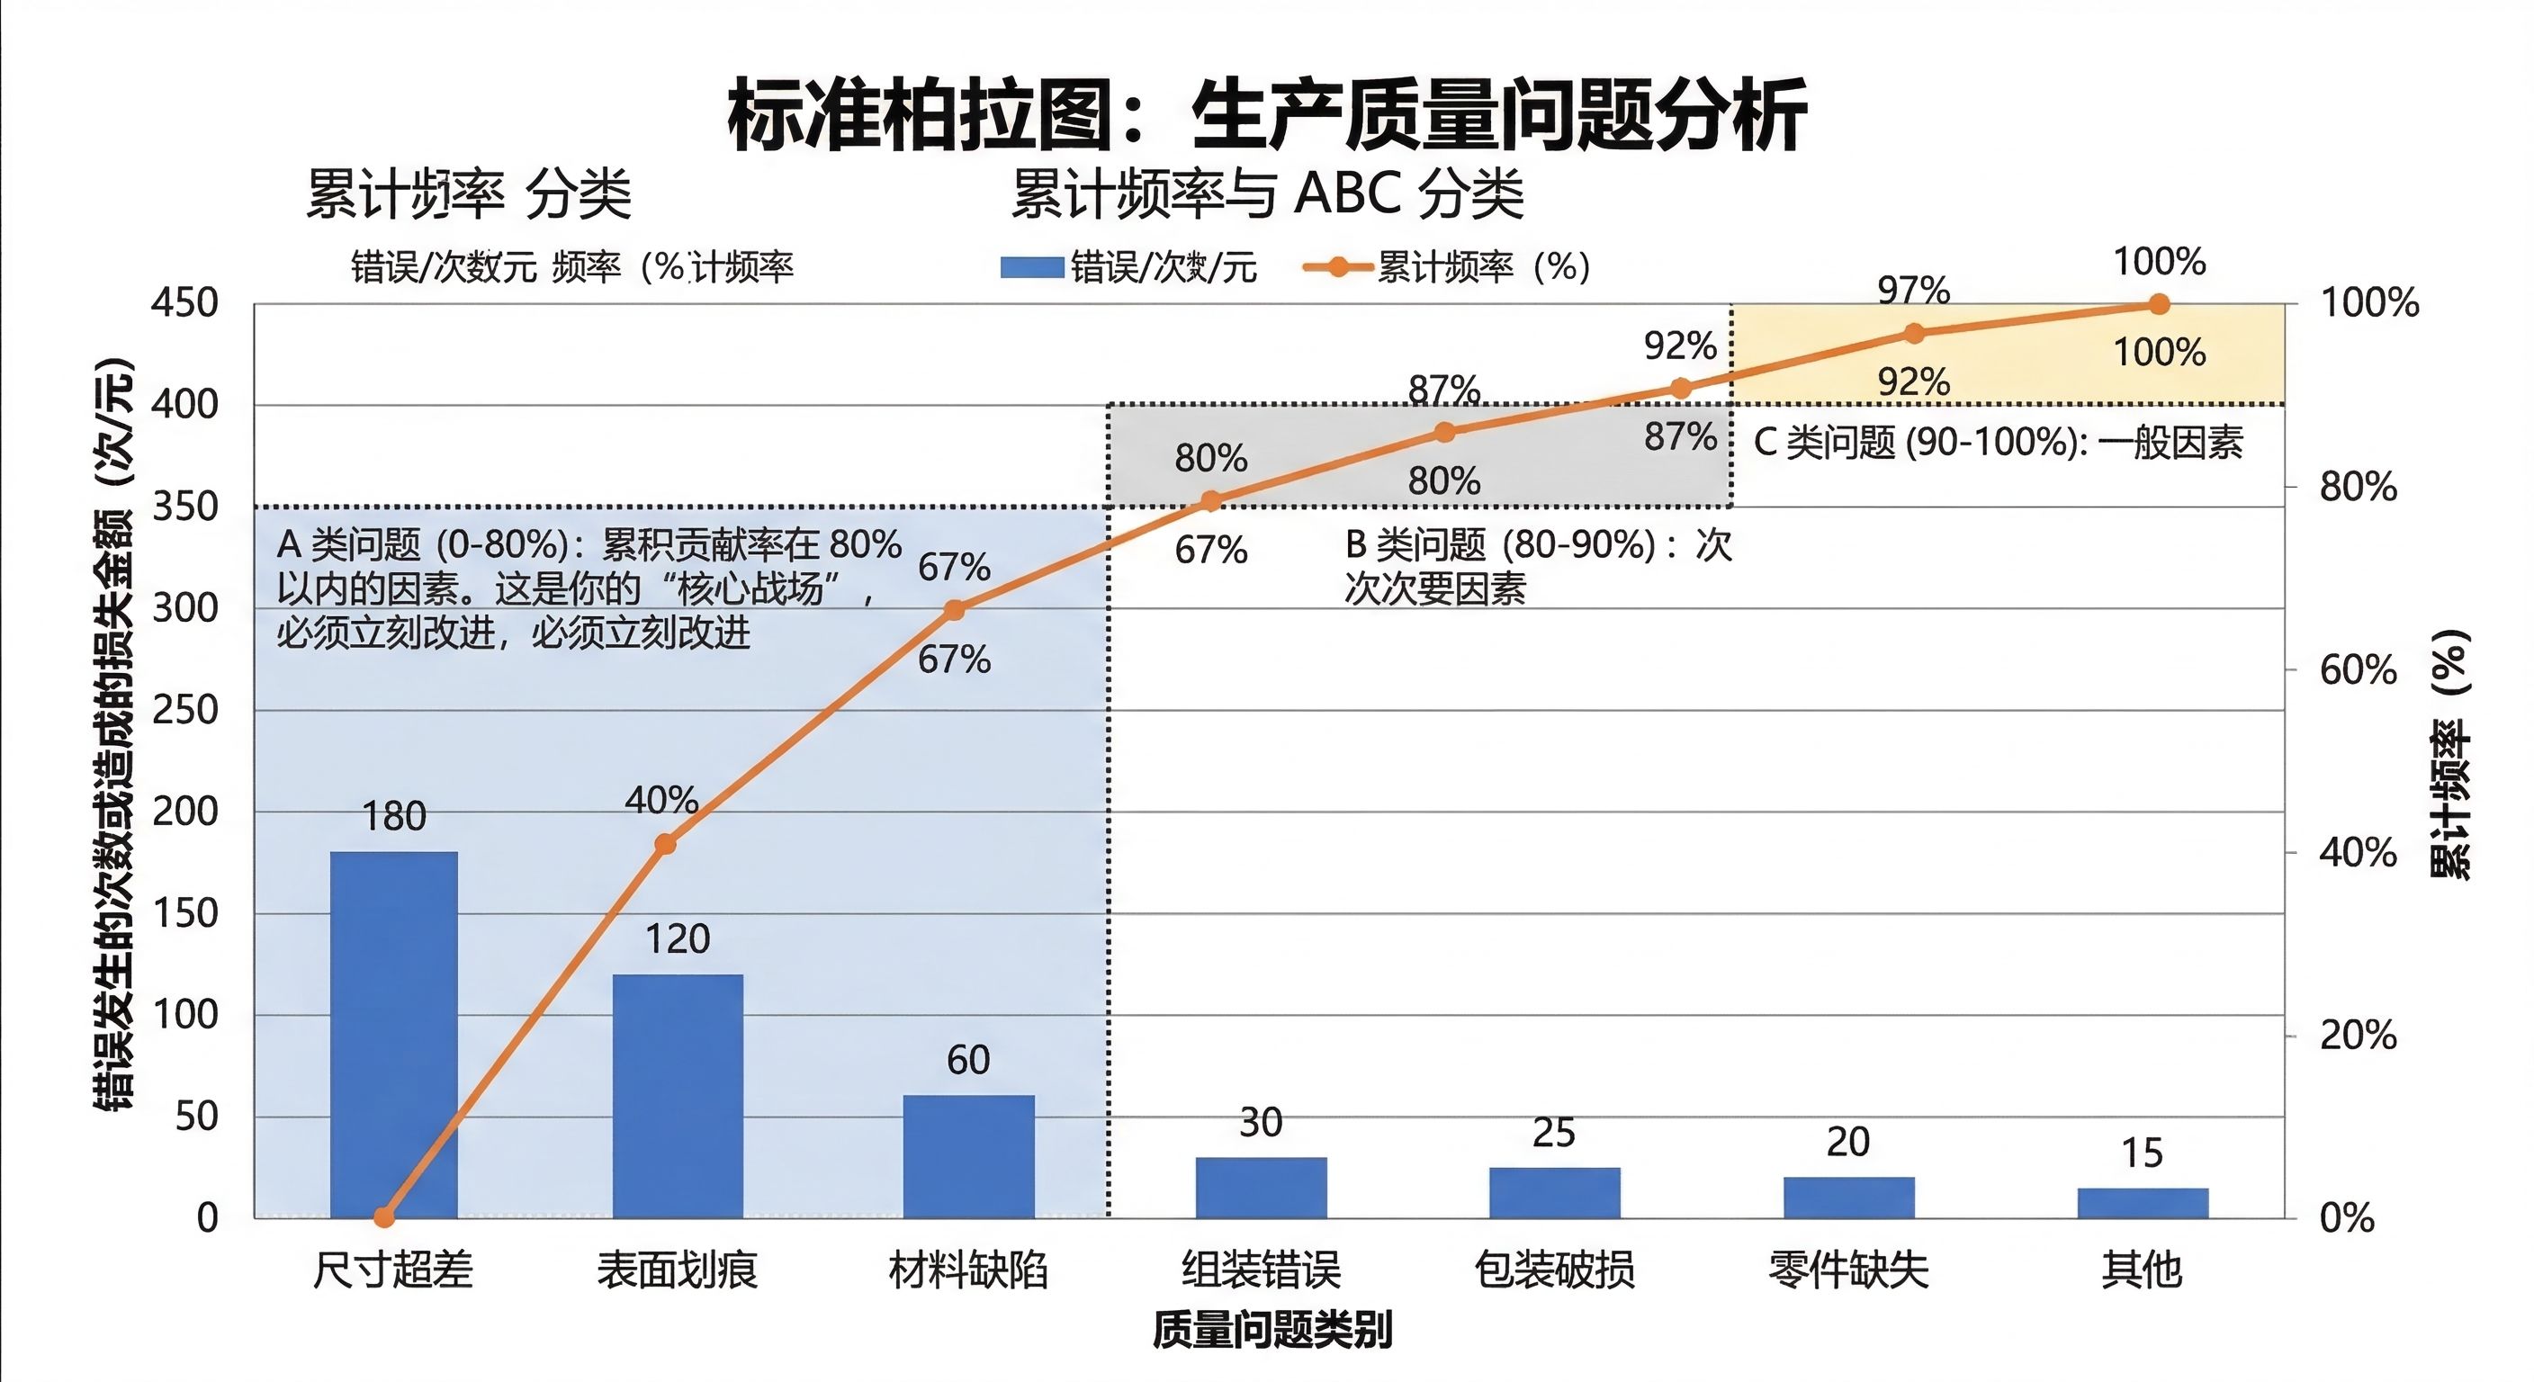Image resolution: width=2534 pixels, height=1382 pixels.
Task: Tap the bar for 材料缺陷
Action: coord(969,1156)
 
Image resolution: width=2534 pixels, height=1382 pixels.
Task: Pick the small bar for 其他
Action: coord(2143,1203)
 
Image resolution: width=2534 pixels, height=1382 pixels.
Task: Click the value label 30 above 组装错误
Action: coord(1260,1122)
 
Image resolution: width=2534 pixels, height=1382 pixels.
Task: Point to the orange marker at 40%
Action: coord(665,844)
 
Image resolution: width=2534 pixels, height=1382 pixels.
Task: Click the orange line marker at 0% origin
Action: coord(384,1217)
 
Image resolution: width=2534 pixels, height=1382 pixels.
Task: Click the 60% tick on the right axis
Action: coord(2357,671)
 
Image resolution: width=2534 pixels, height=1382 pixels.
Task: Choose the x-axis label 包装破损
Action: coord(1554,1269)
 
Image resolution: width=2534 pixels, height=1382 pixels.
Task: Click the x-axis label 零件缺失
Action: coord(1847,1269)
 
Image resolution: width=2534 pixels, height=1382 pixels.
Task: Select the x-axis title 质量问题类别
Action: coord(1271,1330)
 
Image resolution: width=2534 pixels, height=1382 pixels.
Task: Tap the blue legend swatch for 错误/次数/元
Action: coord(1031,267)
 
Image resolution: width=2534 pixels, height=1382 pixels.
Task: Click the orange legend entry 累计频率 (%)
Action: coord(1446,267)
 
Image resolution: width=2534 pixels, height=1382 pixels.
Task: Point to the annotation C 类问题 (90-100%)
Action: coord(1997,443)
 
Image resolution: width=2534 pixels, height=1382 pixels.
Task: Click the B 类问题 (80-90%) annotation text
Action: coord(1537,566)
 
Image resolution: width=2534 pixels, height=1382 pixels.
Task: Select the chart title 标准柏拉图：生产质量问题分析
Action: coord(1267,115)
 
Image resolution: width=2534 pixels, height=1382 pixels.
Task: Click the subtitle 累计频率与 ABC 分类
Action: coord(1267,193)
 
